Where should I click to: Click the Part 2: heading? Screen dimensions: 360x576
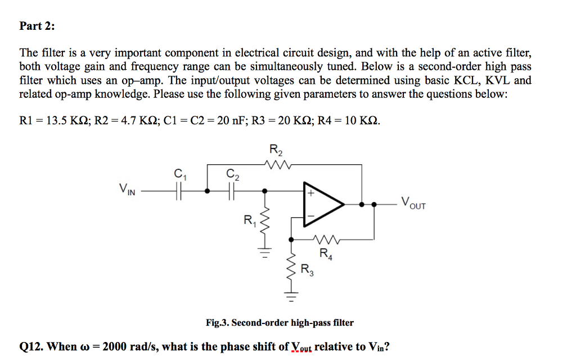(x=37, y=26)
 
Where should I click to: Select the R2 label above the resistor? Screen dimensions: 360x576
(x=276, y=150)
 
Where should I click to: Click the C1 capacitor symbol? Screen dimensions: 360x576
(x=179, y=191)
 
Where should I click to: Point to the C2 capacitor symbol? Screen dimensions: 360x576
(x=231, y=191)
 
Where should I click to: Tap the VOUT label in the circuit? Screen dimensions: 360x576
(x=413, y=202)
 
